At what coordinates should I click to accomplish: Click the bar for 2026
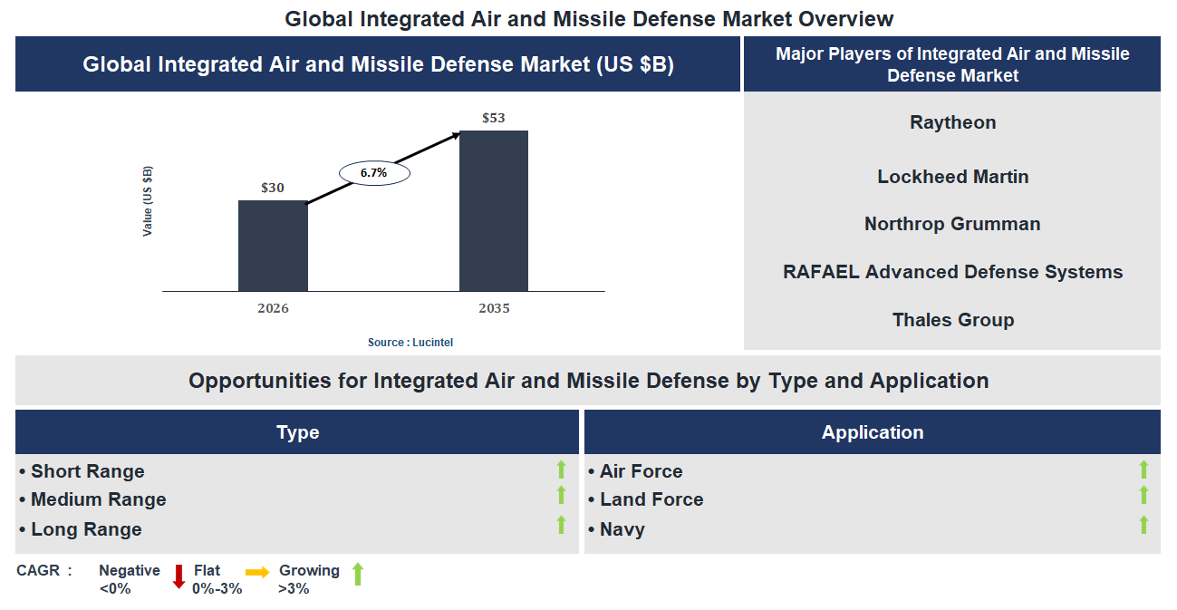tap(273, 246)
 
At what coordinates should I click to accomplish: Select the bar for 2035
tap(494, 211)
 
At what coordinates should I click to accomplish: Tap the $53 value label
tap(494, 118)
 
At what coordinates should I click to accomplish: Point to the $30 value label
tap(273, 188)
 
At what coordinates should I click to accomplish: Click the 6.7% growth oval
tap(374, 172)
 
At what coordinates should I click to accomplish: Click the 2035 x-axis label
tap(494, 308)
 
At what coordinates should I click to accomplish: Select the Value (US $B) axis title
tap(148, 201)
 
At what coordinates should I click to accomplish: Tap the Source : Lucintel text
tap(410, 343)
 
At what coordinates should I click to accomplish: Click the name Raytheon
tap(952, 122)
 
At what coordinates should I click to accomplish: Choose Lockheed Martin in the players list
tap(952, 177)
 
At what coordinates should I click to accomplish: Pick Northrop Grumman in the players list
tap(952, 224)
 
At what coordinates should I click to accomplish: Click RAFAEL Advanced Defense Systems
tap(952, 272)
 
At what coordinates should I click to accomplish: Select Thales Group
tap(952, 320)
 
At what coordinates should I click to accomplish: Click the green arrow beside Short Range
tap(561, 470)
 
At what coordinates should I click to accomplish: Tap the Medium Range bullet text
tap(98, 499)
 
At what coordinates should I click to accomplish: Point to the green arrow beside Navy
tap(1143, 525)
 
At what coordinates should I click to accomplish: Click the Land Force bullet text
tap(651, 499)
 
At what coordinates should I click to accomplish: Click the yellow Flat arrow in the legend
tap(257, 572)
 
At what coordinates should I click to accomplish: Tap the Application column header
tap(872, 432)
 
